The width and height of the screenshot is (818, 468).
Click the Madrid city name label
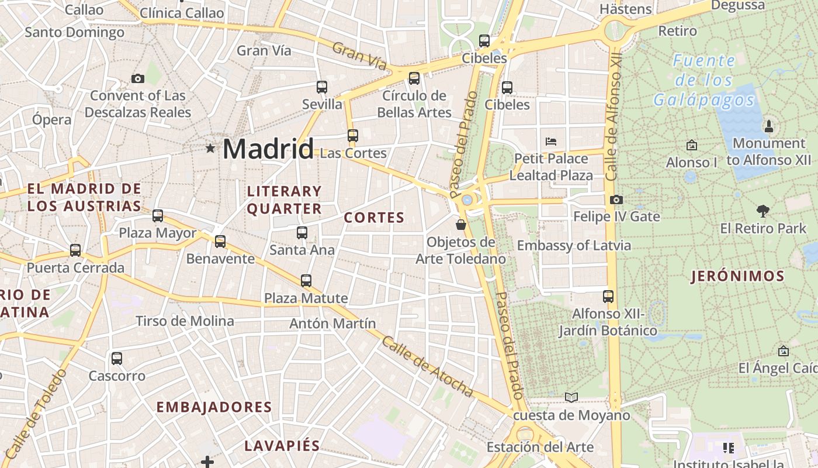coord(268,149)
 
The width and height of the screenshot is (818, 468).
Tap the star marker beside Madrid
coord(210,149)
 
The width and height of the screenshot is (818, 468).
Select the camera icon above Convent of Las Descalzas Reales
coord(138,78)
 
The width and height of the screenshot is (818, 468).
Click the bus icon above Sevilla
coord(322,87)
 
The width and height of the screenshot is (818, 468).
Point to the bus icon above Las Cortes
coord(353,136)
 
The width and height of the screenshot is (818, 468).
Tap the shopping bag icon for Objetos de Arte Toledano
coord(461,224)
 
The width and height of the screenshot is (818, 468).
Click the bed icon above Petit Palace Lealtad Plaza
coord(551,141)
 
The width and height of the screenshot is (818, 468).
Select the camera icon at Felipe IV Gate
coord(616,200)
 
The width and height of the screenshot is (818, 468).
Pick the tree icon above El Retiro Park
coord(762,211)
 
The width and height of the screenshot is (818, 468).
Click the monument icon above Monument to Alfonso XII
coord(769,126)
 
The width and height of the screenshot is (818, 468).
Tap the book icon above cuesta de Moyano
coord(571,398)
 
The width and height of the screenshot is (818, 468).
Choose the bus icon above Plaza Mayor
coord(158,216)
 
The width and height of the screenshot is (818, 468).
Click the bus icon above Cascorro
coord(117,359)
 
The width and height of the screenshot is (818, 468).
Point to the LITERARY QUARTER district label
coord(285,200)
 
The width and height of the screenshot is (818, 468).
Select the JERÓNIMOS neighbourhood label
coord(737,276)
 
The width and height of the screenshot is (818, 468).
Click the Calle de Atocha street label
coord(427,366)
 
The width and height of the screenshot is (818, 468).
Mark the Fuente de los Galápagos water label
coord(704,80)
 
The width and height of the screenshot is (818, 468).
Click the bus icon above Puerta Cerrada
coord(75,250)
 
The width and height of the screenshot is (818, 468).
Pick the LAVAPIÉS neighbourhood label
coord(282,445)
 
